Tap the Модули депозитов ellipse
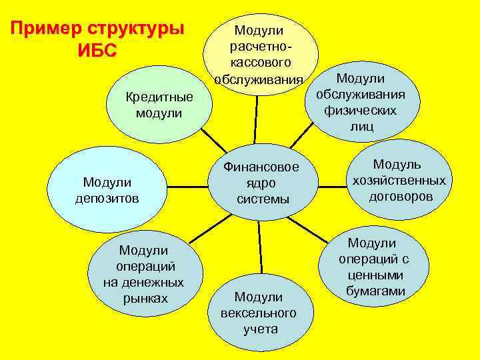tap(107, 189)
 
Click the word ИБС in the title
tap(97, 51)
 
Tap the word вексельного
tap(259, 313)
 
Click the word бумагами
tap(376, 291)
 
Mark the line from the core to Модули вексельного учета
tap(259, 247)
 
